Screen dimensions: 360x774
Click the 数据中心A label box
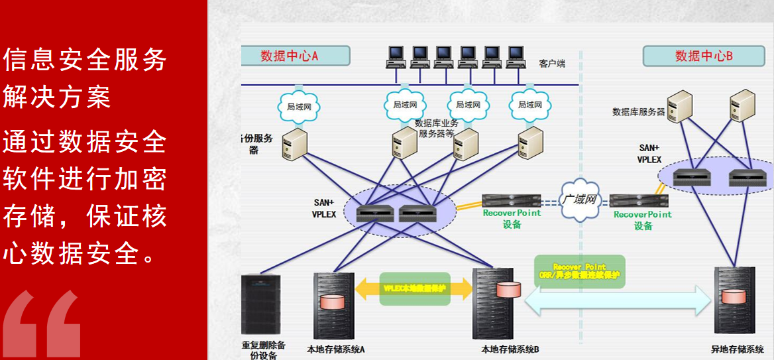tap(295, 56)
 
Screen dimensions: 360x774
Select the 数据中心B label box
tap(703, 56)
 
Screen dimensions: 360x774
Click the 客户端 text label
tap(552, 64)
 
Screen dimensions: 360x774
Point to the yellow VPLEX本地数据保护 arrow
tap(414, 289)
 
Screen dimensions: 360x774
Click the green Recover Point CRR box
tap(580, 270)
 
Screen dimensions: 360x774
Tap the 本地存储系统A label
tap(337, 349)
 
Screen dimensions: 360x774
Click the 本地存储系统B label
tap(510, 349)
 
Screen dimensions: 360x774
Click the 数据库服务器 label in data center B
tap(638, 112)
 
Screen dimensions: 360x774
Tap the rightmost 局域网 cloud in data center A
tap(530, 105)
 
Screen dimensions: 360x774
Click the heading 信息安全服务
tap(85, 61)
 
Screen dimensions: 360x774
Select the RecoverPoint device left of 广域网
tap(511, 200)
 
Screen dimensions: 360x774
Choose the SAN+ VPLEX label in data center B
tap(649, 154)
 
